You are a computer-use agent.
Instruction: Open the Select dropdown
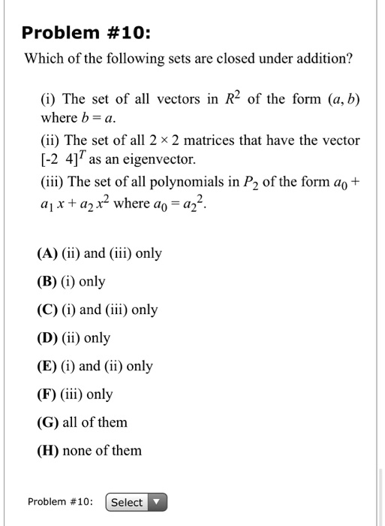136,502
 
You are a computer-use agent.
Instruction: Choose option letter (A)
49,253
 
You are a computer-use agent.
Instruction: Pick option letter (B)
49,282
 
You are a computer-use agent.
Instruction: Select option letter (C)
49,310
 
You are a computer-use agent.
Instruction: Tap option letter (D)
49,338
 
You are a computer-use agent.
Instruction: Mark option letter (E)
48,366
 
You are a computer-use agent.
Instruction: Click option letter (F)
48,394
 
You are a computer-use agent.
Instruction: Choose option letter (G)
49,422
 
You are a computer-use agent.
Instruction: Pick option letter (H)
49,451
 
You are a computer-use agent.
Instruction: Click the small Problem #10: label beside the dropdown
60,502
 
